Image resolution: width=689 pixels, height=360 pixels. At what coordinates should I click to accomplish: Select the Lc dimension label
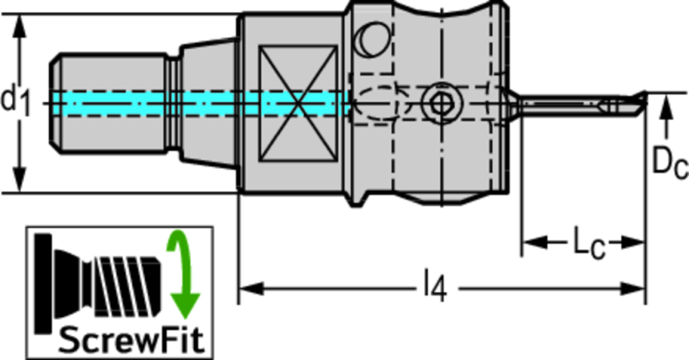click(x=589, y=242)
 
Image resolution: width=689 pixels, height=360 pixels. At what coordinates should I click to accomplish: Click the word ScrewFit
click(x=132, y=340)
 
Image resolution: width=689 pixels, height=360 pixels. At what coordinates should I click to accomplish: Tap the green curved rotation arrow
click(x=183, y=272)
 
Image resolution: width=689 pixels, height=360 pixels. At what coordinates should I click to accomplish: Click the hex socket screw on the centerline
click(x=440, y=104)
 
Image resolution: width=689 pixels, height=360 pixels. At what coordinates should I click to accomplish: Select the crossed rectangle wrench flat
click(x=298, y=103)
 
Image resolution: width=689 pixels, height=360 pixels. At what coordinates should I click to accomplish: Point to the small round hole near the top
click(x=372, y=39)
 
